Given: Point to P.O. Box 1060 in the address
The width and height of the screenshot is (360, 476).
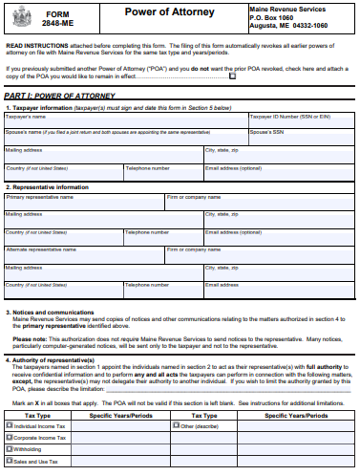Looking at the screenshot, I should pos(276,17).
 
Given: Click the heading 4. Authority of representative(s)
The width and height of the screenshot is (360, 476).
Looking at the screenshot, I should pos(63,358).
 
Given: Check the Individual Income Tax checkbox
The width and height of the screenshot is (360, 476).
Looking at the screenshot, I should pos(10,425).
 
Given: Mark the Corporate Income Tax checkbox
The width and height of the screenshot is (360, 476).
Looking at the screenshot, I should pos(10,438).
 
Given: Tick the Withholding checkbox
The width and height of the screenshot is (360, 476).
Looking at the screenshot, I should pos(10,449).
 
